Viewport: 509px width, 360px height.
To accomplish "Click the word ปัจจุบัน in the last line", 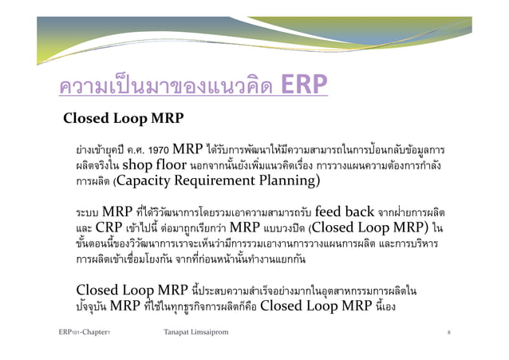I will coord(93,305).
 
